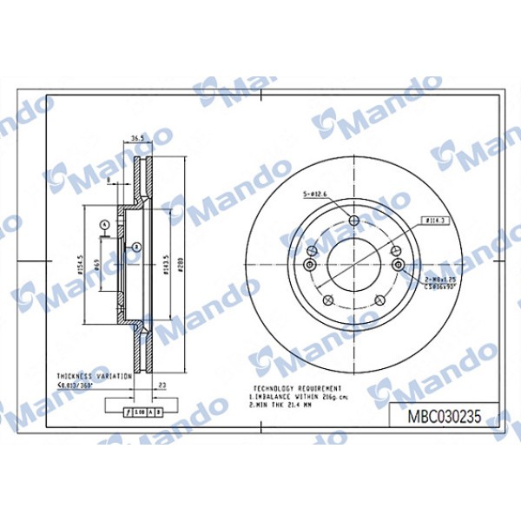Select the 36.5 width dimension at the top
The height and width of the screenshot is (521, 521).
(x=137, y=137)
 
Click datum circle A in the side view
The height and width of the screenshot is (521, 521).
(x=104, y=225)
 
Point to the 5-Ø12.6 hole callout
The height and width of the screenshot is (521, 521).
(x=313, y=195)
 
